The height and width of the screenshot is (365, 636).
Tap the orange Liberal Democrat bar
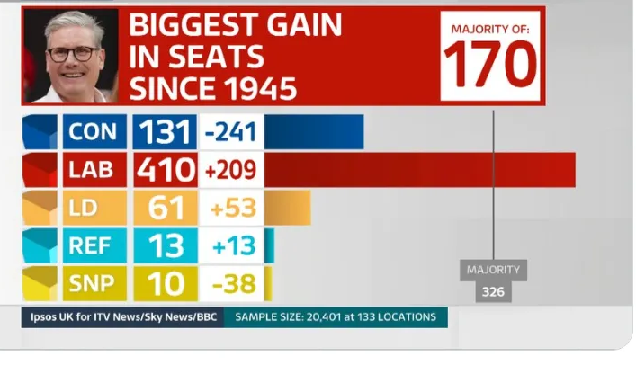(287, 208)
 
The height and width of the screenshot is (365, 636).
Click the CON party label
(94, 132)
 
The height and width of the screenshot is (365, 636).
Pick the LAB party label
(94, 170)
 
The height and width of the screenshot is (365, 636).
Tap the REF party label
(94, 245)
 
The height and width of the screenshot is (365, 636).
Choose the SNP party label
(94, 284)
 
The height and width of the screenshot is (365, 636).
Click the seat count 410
(166, 170)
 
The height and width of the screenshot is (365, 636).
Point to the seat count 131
(166, 132)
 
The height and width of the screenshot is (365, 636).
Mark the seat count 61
(166, 208)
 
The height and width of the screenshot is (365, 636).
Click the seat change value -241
(231, 132)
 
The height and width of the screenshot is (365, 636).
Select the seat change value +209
(231, 170)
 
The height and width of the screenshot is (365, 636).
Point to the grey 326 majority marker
(493, 292)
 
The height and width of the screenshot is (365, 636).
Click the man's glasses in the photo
(73, 53)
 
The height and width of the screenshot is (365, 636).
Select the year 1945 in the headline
(255, 87)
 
